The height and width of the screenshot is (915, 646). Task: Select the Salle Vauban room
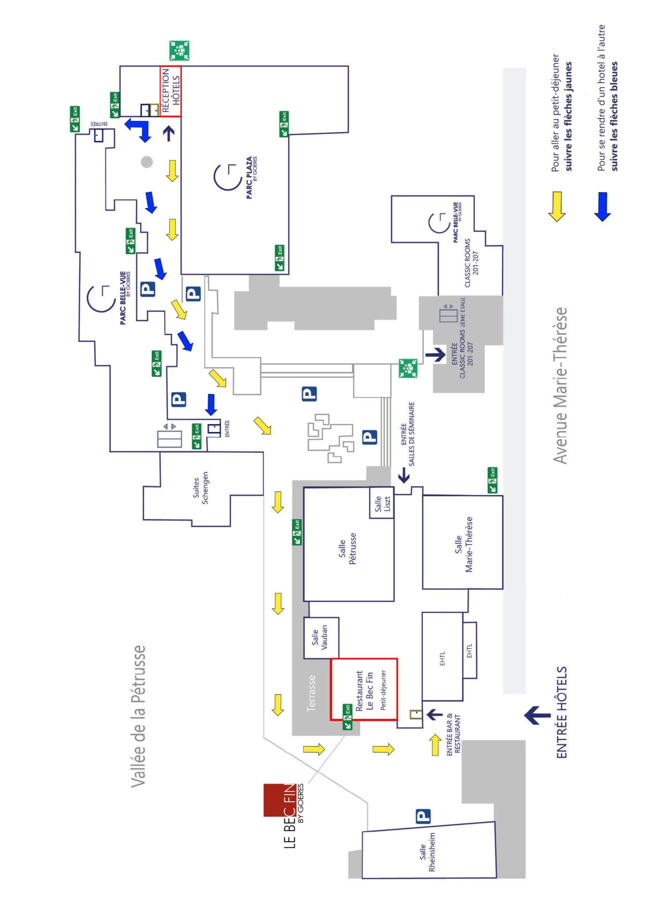pos(321,638)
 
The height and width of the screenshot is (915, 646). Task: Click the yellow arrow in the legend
pos(556,207)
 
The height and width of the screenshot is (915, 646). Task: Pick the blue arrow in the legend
pos(602,207)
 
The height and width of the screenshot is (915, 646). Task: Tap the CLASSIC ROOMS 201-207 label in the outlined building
pos(472,263)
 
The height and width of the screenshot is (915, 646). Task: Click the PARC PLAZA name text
pos(250,178)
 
